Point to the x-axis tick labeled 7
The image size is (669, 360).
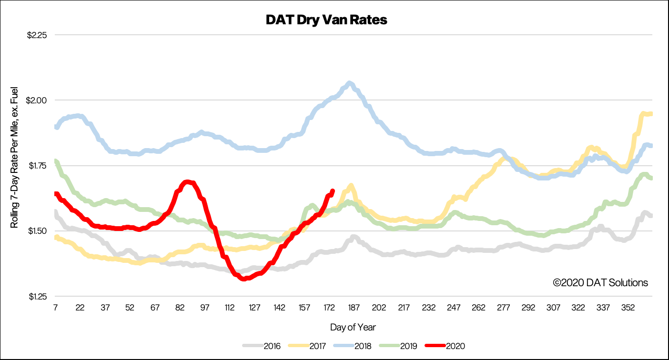pos(55,308)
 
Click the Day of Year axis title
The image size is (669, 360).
pos(353,328)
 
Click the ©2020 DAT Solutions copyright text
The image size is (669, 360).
pos(600,283)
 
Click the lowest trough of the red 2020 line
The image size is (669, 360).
pos(244,279)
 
